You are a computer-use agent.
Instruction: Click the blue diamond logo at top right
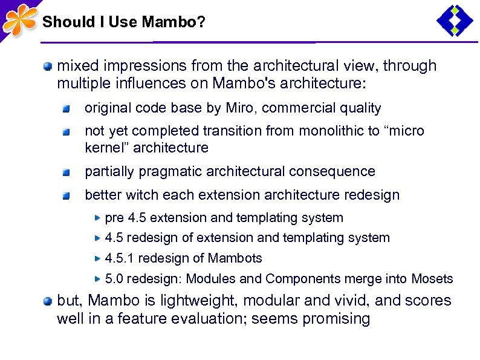(x=455, y=21)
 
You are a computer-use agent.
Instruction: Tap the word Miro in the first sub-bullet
(x=241, y=108)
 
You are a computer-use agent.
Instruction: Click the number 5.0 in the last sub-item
(x=115, y=279)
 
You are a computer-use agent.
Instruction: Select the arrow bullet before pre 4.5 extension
(x=97, y=217)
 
